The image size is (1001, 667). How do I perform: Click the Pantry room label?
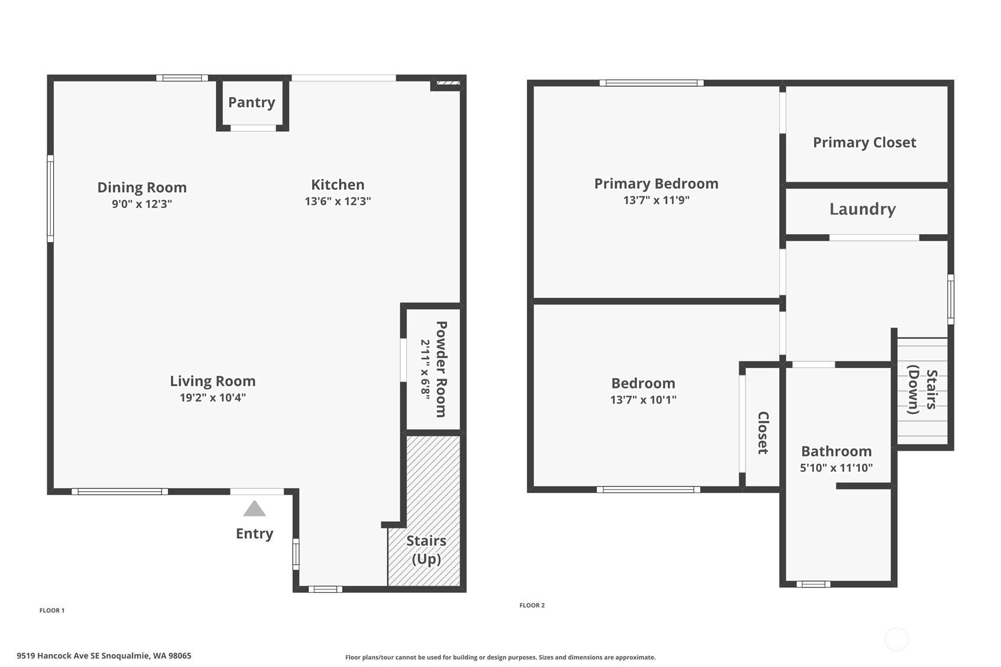tap(252, 102)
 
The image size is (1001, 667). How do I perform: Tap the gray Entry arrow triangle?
tap(254, 508)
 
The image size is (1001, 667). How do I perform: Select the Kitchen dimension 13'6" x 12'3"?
tap(338, 201)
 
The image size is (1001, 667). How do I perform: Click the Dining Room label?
tap(142, 187)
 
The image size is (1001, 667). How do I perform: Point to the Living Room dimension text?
tap(213, 397)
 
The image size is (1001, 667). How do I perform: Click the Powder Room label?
tap(441, 369)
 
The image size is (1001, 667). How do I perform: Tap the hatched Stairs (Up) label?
tap(426, 550)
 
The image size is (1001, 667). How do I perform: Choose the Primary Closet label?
tap(864, 143)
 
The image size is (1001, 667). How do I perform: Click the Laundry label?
tap(862, 209)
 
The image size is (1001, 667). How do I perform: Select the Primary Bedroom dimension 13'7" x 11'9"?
tap(657, 200)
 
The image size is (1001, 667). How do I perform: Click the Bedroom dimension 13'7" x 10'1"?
tap(644, 399)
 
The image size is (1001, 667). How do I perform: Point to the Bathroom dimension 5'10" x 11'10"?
tap(836, 468)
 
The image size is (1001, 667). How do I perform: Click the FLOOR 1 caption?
tap(52, 610)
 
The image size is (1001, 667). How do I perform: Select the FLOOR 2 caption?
tap(532, 605)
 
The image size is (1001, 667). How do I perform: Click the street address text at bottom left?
tap(104, 656)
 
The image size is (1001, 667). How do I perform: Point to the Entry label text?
tap(254, 533)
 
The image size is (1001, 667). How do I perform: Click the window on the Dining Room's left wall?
tap(51, 199)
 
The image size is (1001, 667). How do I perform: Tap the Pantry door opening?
tap(253, 128)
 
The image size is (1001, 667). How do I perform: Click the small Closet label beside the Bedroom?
tap(763, 433)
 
